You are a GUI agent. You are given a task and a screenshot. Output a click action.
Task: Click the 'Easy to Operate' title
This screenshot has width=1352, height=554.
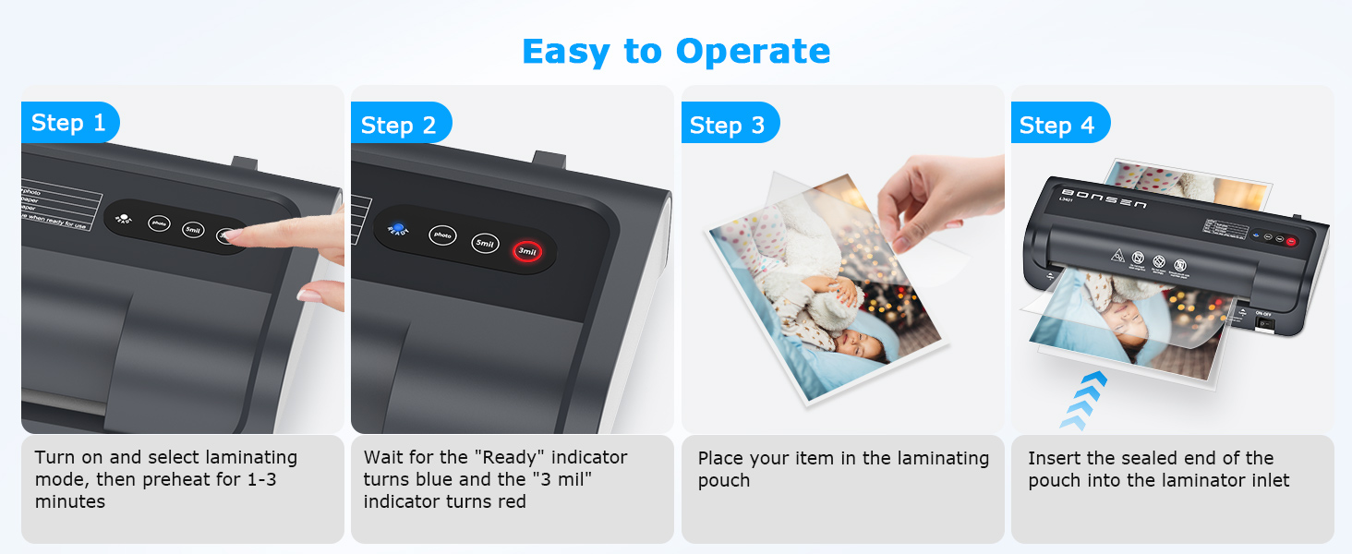pos(676,51)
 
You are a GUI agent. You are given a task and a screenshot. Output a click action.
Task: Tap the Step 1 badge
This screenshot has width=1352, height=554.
pos(69,123)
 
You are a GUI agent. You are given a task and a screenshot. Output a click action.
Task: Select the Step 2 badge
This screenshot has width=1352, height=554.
pos(399,126)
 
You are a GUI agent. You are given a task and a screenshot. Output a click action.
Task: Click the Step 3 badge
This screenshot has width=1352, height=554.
pos(728,126)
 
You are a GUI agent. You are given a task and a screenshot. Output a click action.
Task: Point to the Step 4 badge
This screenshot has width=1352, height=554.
pos(1057,126)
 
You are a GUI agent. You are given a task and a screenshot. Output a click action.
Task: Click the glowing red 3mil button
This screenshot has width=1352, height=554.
pos(528,251)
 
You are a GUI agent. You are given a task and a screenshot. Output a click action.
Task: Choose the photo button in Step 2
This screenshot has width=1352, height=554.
pos(443,235)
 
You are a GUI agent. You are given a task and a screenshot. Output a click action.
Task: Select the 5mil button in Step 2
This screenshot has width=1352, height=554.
pos(486,244)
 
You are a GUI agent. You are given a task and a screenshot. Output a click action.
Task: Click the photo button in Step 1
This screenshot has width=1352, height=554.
pos(160,223)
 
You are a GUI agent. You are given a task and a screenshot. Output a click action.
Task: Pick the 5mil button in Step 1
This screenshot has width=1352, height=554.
pos(193,229)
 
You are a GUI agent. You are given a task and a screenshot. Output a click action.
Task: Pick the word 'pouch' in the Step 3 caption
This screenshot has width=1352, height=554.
pos(724,481)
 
